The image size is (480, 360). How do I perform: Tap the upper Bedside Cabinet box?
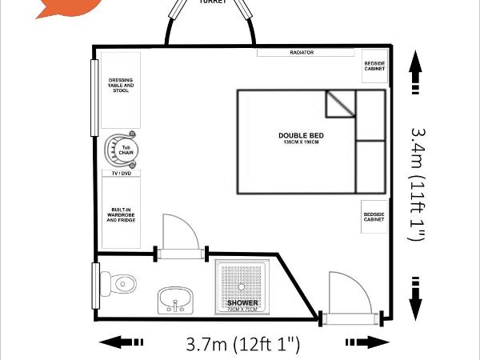[374, 67]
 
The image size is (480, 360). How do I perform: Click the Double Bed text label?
[300, 137]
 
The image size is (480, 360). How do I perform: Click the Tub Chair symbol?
[126, 150]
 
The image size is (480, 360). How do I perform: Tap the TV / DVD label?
[120, 173]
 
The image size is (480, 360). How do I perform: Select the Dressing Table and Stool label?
[122, 85]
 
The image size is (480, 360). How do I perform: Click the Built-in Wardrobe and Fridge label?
[122, 214]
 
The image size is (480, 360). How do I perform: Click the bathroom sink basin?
[174, 300]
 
